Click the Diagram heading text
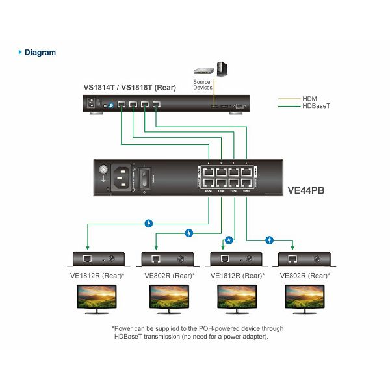(x=40, y=53)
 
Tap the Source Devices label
(x=202, y=84)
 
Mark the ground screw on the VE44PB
(x=103, y=170)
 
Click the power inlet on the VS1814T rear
(x=90, y=103)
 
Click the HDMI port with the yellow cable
(x=214, y=105)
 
